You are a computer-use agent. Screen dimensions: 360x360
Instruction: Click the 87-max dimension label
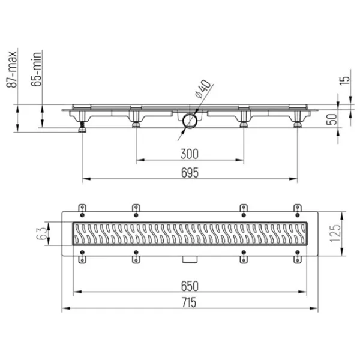tap(12, 70)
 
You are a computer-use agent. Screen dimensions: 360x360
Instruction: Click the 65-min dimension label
tap(37, 69)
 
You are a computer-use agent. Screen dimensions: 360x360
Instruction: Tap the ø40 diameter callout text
tap(203, 89)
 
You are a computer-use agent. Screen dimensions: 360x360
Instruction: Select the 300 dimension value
tap(190, 154)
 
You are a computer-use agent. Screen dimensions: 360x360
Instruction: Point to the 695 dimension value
tap(190, 173)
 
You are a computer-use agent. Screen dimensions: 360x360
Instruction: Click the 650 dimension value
tap(190, 286)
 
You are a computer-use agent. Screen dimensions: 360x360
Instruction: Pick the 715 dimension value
tap(190, 302)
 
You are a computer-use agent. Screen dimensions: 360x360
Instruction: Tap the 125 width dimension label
tap(335, 233)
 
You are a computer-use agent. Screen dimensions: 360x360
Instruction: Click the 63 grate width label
tap(42, 233)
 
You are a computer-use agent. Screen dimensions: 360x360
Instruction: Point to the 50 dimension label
tap(332, 119)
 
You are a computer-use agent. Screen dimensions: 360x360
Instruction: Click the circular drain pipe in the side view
tap(190, 121)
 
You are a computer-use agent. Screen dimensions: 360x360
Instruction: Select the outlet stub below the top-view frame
tap(190, 259)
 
